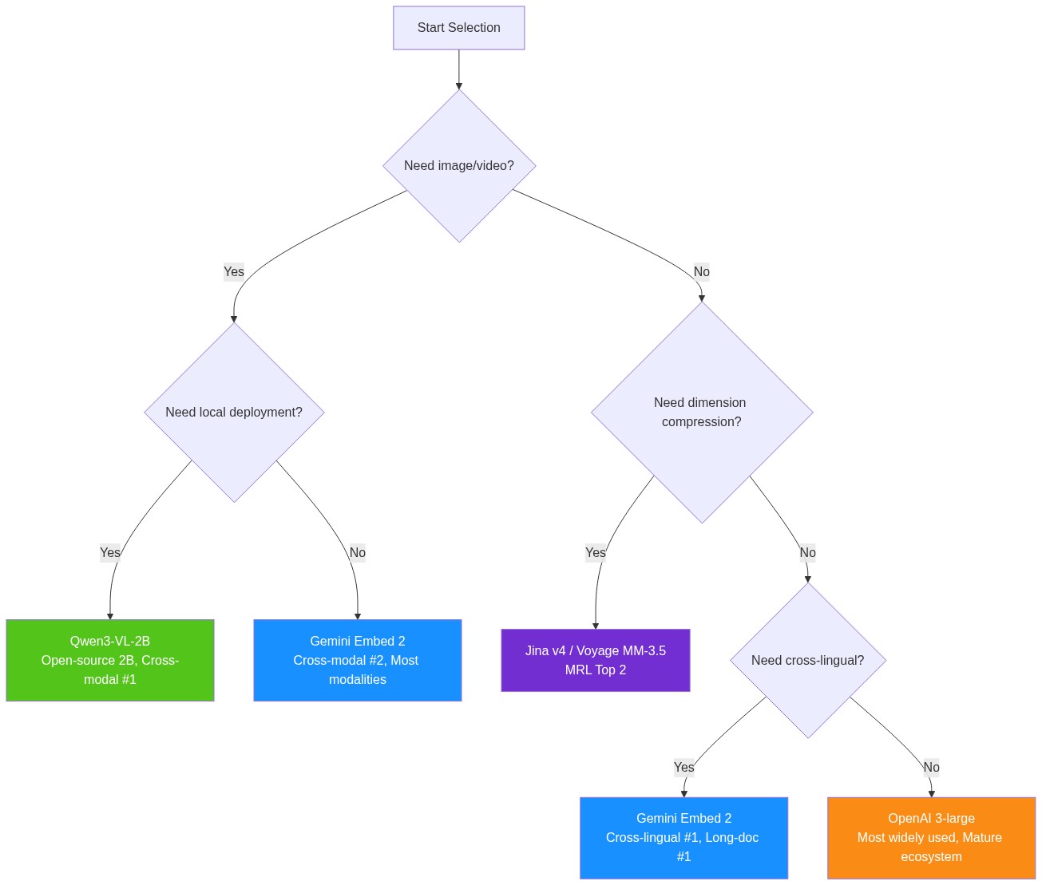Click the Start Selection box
pos(458,28)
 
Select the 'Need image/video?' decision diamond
pos(459,165)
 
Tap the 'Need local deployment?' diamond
pos(234,412)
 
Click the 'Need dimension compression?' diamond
pos(701,412)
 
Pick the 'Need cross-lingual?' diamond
pos(807,660)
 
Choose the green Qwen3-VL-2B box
pos(110,660)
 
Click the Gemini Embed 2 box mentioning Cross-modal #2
pos(357,660)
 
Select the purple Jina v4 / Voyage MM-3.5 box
pos(595,660)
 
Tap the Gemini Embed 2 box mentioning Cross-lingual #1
pos(683,837)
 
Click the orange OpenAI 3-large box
pos(931,837)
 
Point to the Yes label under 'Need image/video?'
pos(234,271)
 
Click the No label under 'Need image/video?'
pos(701,271)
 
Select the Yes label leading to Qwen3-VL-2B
pos(110,552)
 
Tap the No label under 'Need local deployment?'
pos(357,552)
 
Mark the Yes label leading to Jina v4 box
pos(595,552)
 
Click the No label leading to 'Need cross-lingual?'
pos(807,552)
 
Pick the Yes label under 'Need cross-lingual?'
pos(683,767)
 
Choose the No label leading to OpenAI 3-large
pos(931,767)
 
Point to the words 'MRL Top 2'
pos(595,670)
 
